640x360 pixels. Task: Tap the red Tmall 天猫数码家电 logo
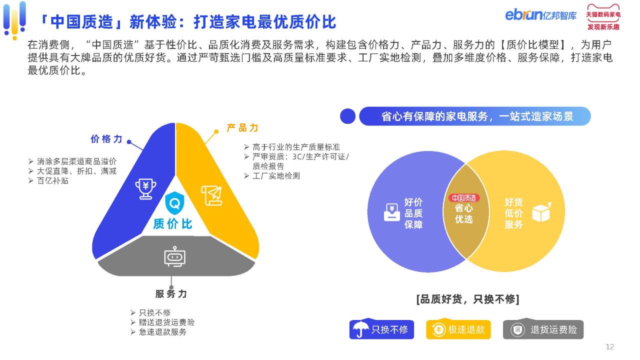(x=603, y=17)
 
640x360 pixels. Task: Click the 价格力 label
(x=106, y=139)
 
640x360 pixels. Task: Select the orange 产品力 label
(x=242, y=127)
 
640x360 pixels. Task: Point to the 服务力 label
(x=171, y=293)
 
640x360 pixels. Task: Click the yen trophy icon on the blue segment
(x=145, y=188)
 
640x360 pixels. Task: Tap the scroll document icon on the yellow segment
(x=211, y=195)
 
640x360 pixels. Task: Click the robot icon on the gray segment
(x=175, y=256)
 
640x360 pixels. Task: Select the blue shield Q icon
(x=174, y=203)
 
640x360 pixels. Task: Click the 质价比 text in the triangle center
(x=172, y=223)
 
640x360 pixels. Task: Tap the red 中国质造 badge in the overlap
(x=464, y=197)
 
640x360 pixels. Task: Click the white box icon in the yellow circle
(x=541, y=212)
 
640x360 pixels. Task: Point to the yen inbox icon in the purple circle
(x=391, y=212)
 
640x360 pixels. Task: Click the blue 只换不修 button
(x=381, y=329)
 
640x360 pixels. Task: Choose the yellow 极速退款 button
(x=458, y=329)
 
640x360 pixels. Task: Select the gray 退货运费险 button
(x=543, y=329)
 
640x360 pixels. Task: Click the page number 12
(x=609, y=347)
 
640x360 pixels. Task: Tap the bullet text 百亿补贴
(x=52, y=181)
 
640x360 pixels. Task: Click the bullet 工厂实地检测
(x=276, y=176)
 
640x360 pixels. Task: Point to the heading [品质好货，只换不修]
(x=467, y=299)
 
